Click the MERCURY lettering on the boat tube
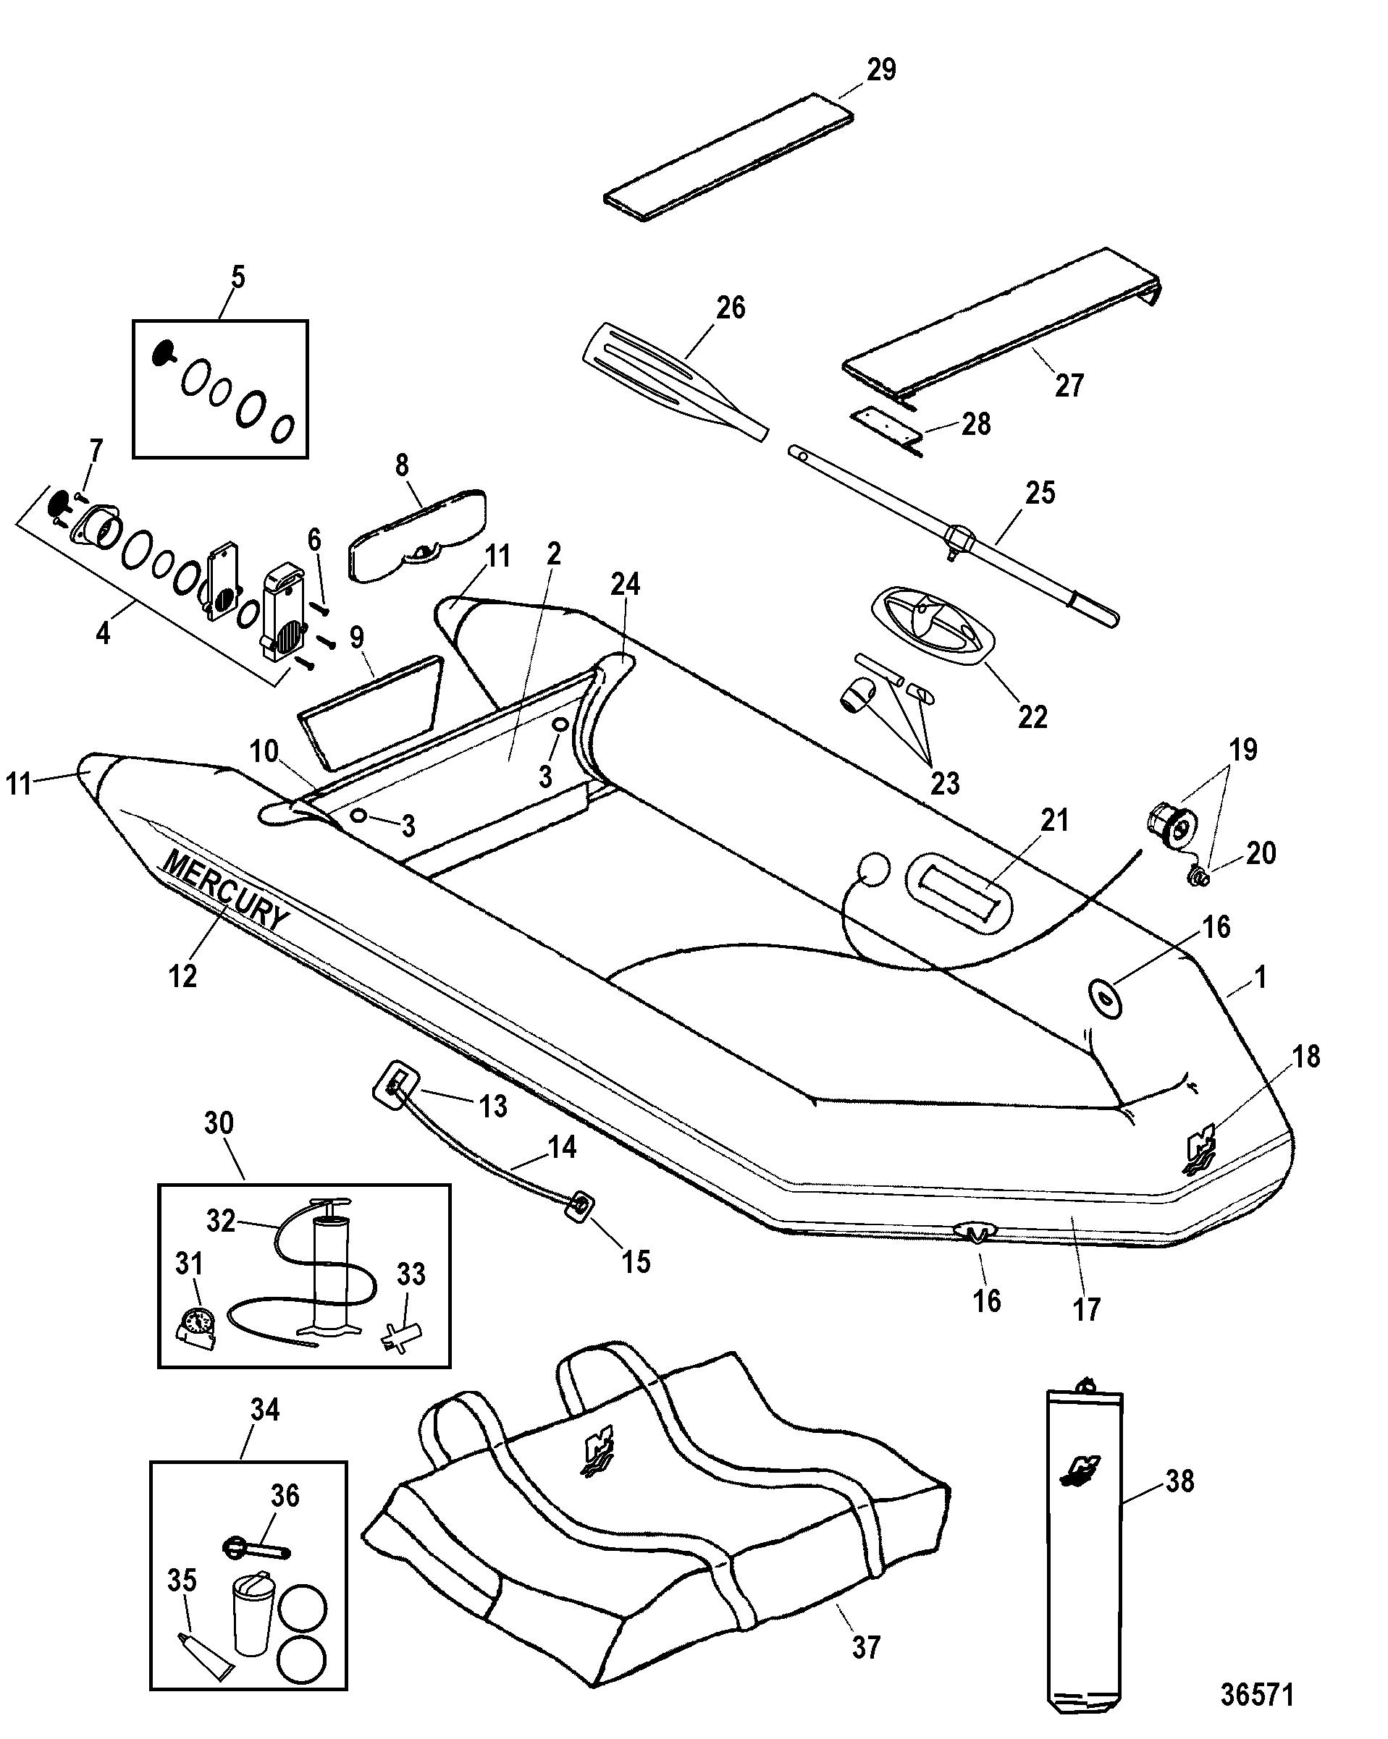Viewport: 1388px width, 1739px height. point(224,890)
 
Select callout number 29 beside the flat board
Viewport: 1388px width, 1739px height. point(881,69)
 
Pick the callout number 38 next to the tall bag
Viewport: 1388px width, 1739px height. point(1179,1481)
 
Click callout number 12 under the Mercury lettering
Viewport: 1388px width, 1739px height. point(183,976)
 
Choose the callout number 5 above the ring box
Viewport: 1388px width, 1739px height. point(238,276)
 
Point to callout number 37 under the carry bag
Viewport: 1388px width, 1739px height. point(865,1646)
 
